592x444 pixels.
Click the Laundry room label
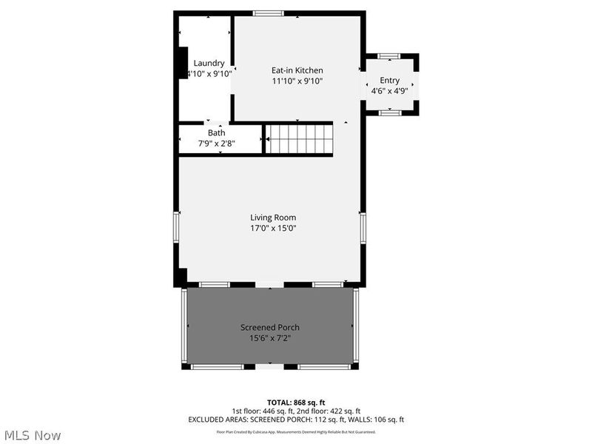(x=209, y=63)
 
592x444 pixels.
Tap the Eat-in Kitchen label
(x=297, y=70)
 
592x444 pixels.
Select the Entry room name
(x=390, y=80)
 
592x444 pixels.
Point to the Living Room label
(x=273, y=218)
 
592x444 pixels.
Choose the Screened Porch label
(x=270, y=328)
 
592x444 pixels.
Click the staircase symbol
(x=300, y=138)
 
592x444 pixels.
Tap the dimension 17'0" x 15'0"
(x=273, y=228)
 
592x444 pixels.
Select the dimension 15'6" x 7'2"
(x=270, y=338)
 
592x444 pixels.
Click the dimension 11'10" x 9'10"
(x=297, y=81)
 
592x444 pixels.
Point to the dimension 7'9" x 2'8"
(x=216, y=144)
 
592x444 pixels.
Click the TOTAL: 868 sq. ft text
(x=295, y=402)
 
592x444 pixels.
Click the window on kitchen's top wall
(x=268, y=13)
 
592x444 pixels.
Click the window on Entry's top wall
(x=389, y=55)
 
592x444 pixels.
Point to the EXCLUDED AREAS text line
(x=295, y=420)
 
